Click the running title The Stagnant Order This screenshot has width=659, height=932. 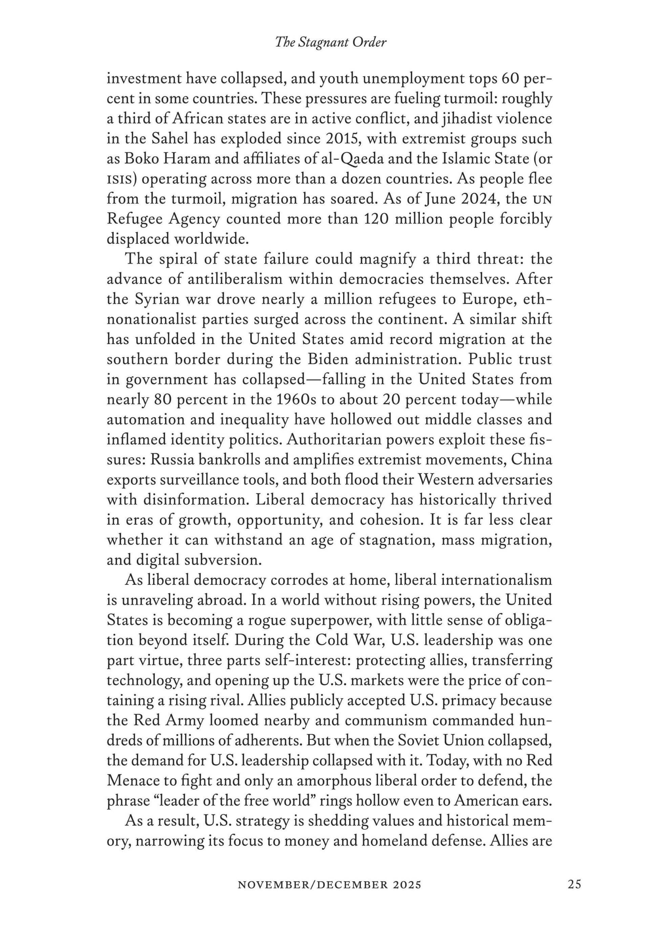point(331,42)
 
